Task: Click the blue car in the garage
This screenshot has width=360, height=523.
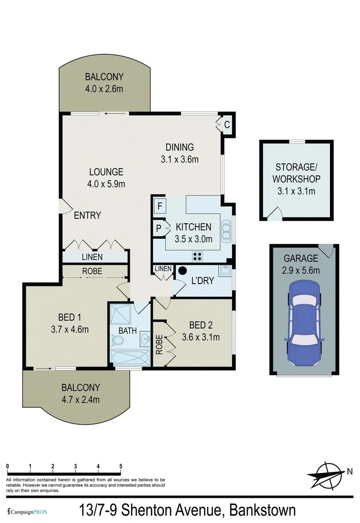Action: coord(304,324)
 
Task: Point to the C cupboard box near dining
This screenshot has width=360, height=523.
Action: coord(226,124)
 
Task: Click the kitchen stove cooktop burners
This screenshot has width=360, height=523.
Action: coord(198,255)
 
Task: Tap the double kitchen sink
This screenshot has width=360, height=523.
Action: coord(226,231)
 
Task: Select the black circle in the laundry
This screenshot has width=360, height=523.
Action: coord(183,271)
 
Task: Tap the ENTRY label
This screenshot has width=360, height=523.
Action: coord(87,215)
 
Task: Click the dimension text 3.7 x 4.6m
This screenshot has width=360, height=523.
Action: coord(70,330)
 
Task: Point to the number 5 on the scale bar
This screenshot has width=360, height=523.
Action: coord(120,466)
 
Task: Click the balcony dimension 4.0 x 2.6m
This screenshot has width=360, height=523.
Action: coord(104,89)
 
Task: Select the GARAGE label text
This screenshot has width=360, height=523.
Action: coord(301,258)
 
